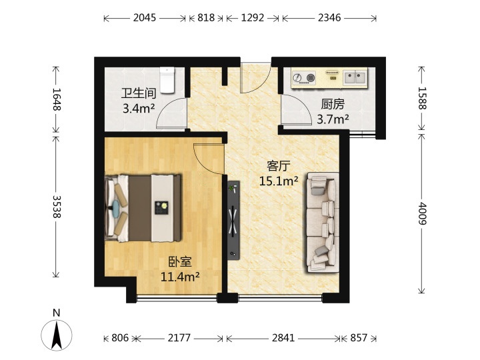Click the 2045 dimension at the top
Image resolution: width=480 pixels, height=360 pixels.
145,18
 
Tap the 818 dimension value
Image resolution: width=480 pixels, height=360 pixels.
206,18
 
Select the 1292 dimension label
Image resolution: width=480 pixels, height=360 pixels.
253,18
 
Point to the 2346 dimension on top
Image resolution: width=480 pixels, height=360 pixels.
329,18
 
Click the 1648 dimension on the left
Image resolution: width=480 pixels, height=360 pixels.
56,99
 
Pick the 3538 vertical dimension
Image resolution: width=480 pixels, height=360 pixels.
56,207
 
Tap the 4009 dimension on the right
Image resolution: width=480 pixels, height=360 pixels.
422,213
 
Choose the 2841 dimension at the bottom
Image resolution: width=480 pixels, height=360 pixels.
283,338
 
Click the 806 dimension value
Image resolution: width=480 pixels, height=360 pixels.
120,338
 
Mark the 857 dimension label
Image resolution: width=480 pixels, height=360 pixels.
359,338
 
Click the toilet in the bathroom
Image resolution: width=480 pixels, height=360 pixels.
167,80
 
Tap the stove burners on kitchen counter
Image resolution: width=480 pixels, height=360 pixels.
304,78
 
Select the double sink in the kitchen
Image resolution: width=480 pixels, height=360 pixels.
355,77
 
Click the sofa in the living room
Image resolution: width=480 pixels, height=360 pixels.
323,223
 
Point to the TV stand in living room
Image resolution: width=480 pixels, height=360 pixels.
233,221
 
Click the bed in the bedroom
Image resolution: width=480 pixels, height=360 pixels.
143,208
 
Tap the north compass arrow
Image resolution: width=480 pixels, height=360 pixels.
57,335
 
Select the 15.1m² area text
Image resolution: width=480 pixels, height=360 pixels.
279,181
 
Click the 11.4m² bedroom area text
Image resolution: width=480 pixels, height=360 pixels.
180,277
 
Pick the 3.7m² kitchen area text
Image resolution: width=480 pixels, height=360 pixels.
333,119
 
